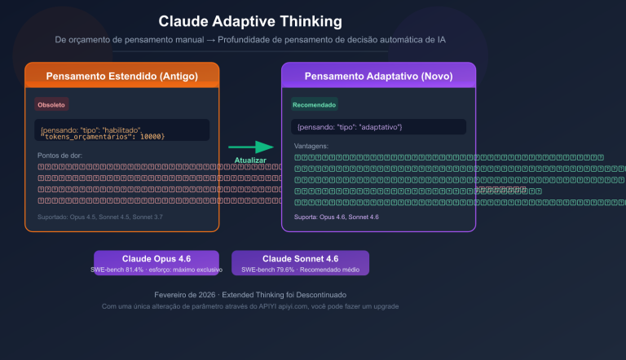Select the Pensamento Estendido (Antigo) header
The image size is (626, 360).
[x=121, y=76]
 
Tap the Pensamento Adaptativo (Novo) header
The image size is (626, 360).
[x=378, y=76]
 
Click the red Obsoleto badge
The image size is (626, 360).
[x=51, y=104]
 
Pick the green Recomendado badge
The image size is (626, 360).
[x=314, y=104]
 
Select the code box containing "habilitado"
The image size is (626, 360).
[x=121, y=130]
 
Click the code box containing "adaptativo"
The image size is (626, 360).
[x=378, y=127]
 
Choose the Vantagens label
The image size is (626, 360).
[x=310, y=146]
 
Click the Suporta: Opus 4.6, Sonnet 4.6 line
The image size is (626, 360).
[x=336, y=217]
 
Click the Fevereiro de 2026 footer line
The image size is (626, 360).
[x=250, y=294]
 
